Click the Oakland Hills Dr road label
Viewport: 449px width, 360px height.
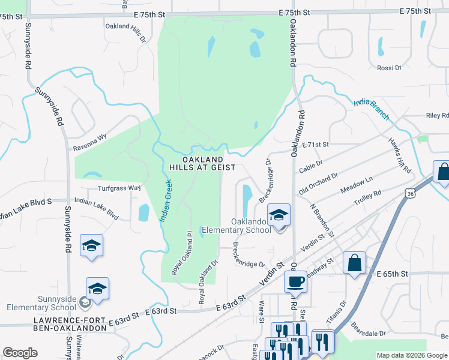125,31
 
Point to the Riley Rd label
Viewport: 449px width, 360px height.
437,115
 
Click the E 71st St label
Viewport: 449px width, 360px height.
316,145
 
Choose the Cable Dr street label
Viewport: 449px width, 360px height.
311,166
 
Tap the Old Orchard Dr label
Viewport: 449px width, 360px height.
319,183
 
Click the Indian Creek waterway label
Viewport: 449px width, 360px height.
166,203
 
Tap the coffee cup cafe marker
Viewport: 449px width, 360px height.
295,282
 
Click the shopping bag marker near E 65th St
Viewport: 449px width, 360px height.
354,262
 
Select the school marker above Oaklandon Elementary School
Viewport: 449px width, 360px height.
279,215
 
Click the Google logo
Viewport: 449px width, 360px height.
20,352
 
